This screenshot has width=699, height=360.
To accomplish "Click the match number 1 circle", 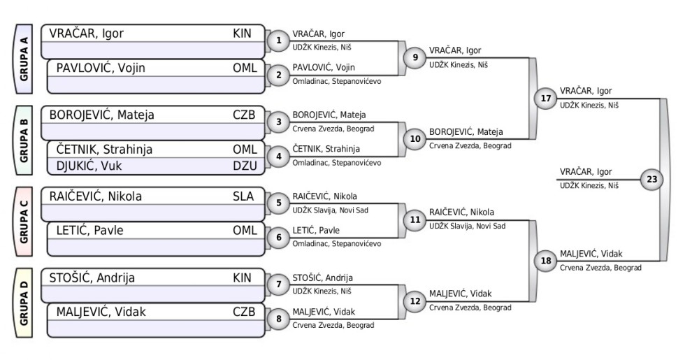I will pyautogui.click(x=279, y=41).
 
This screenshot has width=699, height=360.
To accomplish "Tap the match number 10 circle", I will pyautogui.click(x=416, y=139).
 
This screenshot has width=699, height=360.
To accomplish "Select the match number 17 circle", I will pyautogui.click(x=546, y=99).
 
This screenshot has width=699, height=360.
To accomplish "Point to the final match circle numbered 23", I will pyautogui.click(x=652, y=180).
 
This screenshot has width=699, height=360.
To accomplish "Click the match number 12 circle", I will pyautogui.click(x=416, y=301).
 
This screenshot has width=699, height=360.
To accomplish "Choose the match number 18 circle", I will pyautogui.click(x=546, y=261).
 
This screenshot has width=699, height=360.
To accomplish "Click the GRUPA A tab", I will pyautogui.click(x=24, y=59).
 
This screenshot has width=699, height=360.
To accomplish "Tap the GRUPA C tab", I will pyautogui.click(x=24, y=222).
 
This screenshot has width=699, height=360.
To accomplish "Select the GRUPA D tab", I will pyautogui.click(x=24, y=303).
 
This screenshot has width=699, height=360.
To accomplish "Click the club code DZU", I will pyautogui.click(x=245, y=166).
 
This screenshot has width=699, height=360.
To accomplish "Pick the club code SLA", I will pyautogui.click(x=243, y=196).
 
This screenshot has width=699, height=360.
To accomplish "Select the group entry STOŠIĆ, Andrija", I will pyautogui.click(x=92, y=278).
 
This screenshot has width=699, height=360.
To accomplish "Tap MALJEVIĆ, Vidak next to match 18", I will pyautogui.click(x=591, y=254).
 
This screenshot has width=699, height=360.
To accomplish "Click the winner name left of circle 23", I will pyautogui.click(x=586, y=172).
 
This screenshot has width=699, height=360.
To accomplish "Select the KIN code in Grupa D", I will pyautogui.click(x=242, y=278).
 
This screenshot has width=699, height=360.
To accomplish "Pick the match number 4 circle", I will pyautogui.click(x=279, y=157).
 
